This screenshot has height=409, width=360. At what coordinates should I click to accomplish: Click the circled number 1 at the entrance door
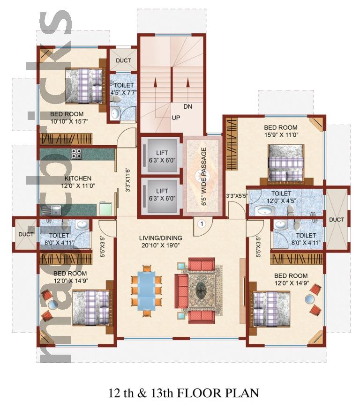tap(202, 223)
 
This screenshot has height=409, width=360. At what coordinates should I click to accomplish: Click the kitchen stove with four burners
tap(76, 154)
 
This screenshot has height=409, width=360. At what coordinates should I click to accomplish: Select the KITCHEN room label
tap(78, 178)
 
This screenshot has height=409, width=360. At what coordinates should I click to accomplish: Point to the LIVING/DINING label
tap(161, 238)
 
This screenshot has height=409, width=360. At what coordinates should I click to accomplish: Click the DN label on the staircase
tap(187, 106)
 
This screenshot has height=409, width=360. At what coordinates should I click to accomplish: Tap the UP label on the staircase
tap(176, 118)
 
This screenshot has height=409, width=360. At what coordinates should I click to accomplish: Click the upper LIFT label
tap(162, 153)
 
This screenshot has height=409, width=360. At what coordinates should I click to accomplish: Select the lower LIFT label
tap(162, 191)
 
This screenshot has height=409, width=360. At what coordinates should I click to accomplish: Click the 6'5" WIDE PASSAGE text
tap(204, 177)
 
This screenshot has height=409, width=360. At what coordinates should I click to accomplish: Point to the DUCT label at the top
tap(123, 60)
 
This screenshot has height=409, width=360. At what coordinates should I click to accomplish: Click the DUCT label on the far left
tap(26, 234)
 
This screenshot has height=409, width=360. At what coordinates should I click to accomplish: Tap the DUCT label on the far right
tap(337, 220)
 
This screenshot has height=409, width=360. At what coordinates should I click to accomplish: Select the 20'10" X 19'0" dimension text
tap(161, 245)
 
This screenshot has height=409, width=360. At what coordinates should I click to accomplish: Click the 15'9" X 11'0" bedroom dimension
tap(281, 134)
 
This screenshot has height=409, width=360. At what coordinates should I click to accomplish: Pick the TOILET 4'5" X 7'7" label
tap(124, 89)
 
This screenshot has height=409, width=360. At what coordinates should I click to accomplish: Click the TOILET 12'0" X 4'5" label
tap(281, 197)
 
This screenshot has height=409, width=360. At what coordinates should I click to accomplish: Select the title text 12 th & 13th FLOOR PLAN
tap(184, 393)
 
